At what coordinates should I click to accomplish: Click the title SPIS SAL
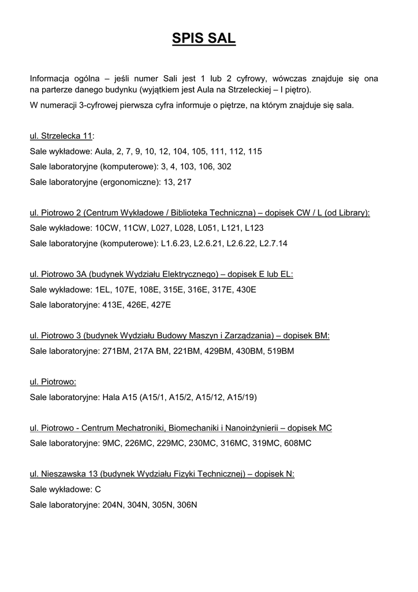tap(204, 39)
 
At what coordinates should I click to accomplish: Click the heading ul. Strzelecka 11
tap(61, 136)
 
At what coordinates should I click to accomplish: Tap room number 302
tap(225, 166)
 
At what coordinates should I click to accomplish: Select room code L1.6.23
tap(175, 243)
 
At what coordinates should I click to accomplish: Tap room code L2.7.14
tap(274, 243)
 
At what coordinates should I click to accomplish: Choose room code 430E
tap(245, 289)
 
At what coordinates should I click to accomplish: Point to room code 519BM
tap(279, 350)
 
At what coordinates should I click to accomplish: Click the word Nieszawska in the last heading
tap(64, 473)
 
